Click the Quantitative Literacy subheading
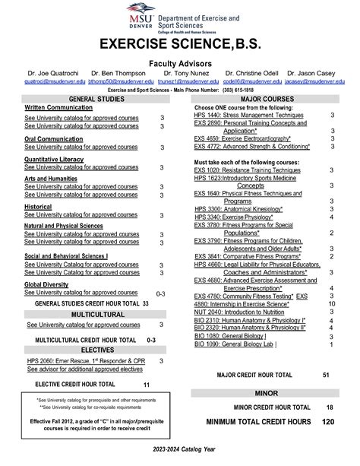[x=55, y=159]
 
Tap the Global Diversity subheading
[x=48, y=284]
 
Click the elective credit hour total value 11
[x=146, y=385]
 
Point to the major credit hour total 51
[x=325, y=376]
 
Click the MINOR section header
[x=264, y=394]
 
